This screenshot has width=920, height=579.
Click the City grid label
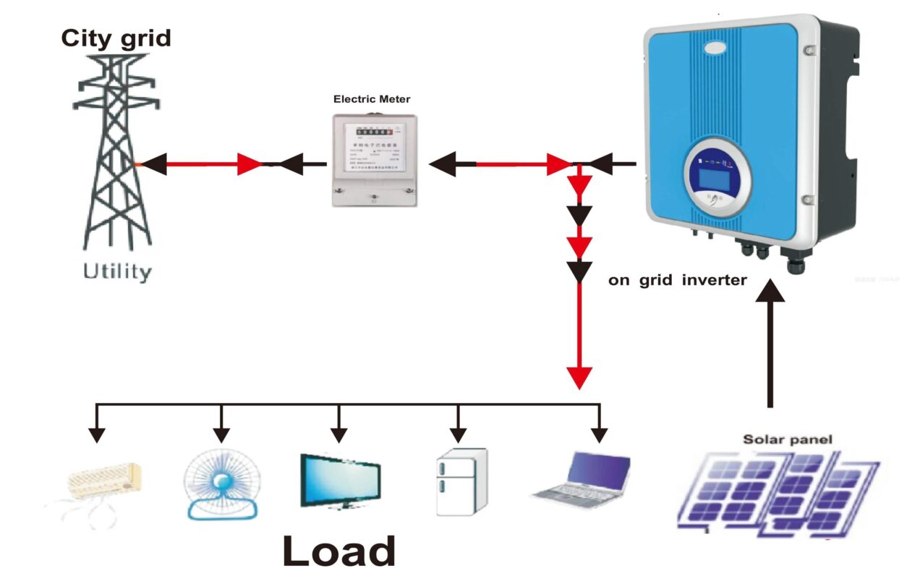[x=116, y=38]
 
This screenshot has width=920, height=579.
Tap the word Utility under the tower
[x=118, y=273]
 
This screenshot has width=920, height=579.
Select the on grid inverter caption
[x=677, y=280]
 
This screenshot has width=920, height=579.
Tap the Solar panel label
[x=788, y=439]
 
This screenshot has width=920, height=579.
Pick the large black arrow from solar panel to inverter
[x=770, y=340]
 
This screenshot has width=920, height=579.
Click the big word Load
[x=338, y=551]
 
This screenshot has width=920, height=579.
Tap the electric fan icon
[x=221, y=483]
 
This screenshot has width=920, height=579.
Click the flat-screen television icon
[x=341, y=481]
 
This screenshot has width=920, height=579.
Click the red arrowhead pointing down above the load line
[x=579, y=377]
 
